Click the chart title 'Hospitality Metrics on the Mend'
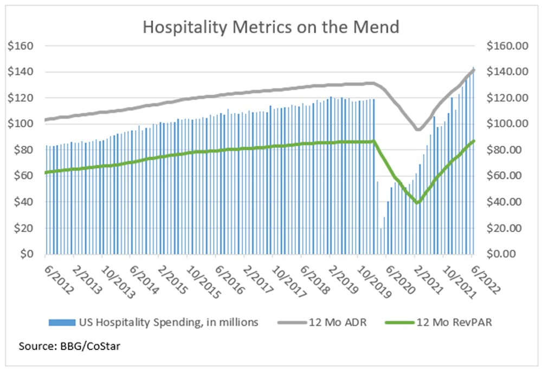click(271, 27)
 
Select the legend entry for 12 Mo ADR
click(338, 322)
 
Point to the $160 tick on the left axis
click(21, 46)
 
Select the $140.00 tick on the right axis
click(507, 72)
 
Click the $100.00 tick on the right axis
click(507, 124)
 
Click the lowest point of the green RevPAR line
click(417, 203)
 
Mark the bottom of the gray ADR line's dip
click(417, 130)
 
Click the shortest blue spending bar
click(381, 241)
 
